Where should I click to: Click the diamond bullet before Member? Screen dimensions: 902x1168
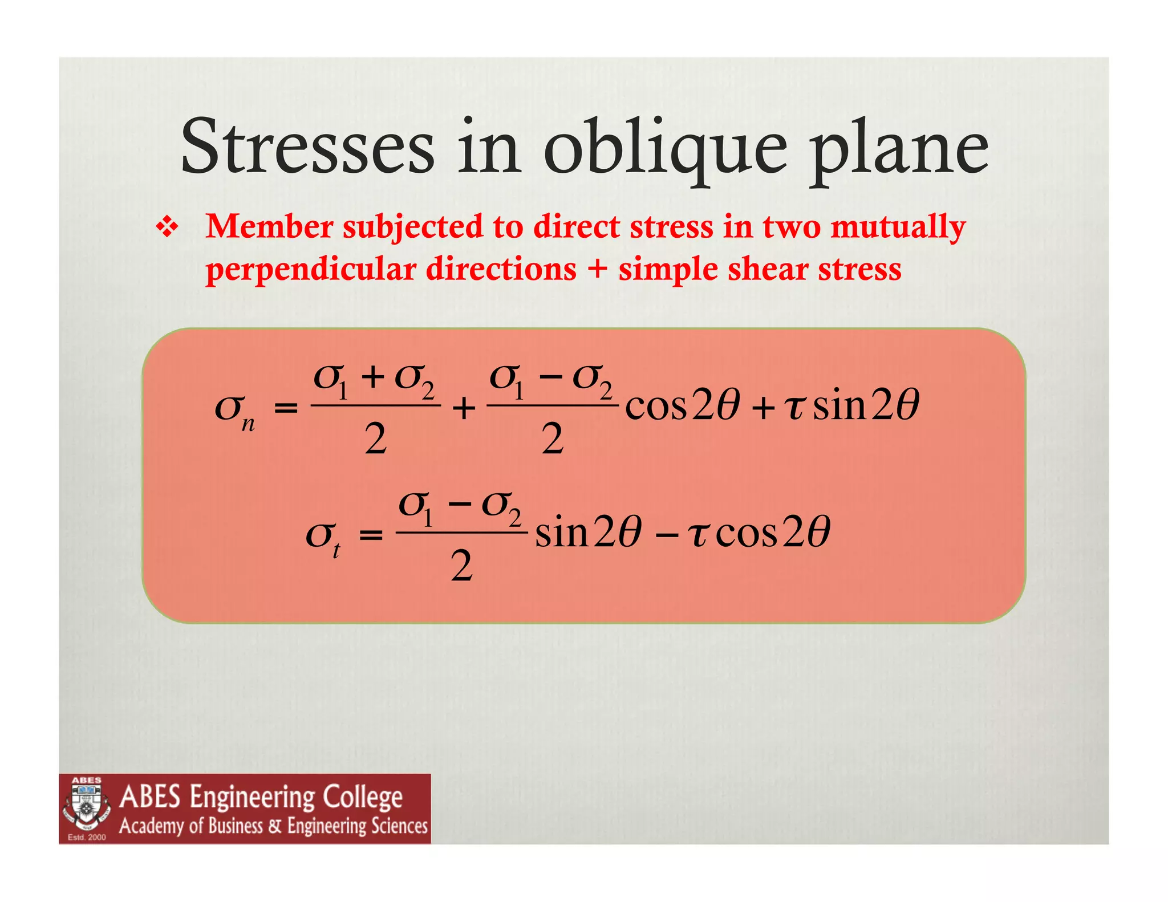[167, 227]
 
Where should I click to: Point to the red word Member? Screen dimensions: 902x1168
[269, 226]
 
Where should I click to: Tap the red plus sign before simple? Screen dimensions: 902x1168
[597, 269]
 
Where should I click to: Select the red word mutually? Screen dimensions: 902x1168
[898, 227]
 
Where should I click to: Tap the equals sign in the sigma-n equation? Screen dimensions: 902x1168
[286, 408]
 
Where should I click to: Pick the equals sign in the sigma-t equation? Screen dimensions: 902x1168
[371, 535]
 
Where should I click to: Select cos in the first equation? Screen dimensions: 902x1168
[656, 407]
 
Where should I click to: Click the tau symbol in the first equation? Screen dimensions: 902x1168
[794, 407]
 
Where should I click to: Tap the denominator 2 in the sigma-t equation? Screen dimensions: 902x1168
[461, 567]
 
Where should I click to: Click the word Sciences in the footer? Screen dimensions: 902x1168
[399, 826]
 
